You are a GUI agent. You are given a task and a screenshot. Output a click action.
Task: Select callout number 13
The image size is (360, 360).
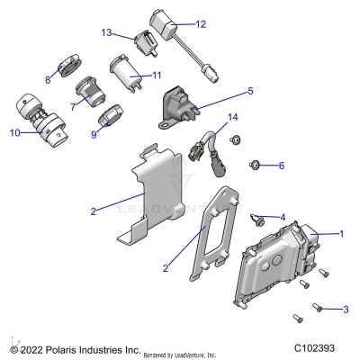pos(106,33)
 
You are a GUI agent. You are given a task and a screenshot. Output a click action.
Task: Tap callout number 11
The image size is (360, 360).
pos(156,75)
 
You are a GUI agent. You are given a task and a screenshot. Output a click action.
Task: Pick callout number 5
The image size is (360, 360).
pos(250,91)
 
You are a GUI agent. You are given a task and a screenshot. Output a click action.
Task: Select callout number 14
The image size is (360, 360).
pos(232,118)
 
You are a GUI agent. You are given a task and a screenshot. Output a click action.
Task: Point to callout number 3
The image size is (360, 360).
pos(345,310)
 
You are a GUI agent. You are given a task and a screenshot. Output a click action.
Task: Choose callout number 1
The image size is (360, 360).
pos(341,233)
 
